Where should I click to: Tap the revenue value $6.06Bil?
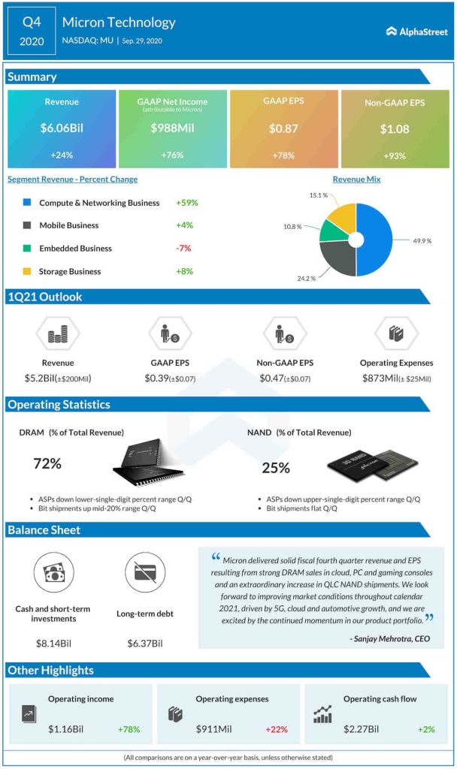tap(62, 128)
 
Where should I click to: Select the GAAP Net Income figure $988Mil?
tap(172, 128)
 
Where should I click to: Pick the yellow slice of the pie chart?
tap(340, 217)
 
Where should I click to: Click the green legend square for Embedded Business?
tap(27, 249)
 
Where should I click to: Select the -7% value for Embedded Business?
tap(185, 249)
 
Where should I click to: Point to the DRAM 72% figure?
tap(47, 464)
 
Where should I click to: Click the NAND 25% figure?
tap(276, 468)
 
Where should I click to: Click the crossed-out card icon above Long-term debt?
tap(144, 574)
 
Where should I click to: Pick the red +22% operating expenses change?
tap(276, 729)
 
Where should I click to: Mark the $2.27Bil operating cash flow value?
tap(362, 729)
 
